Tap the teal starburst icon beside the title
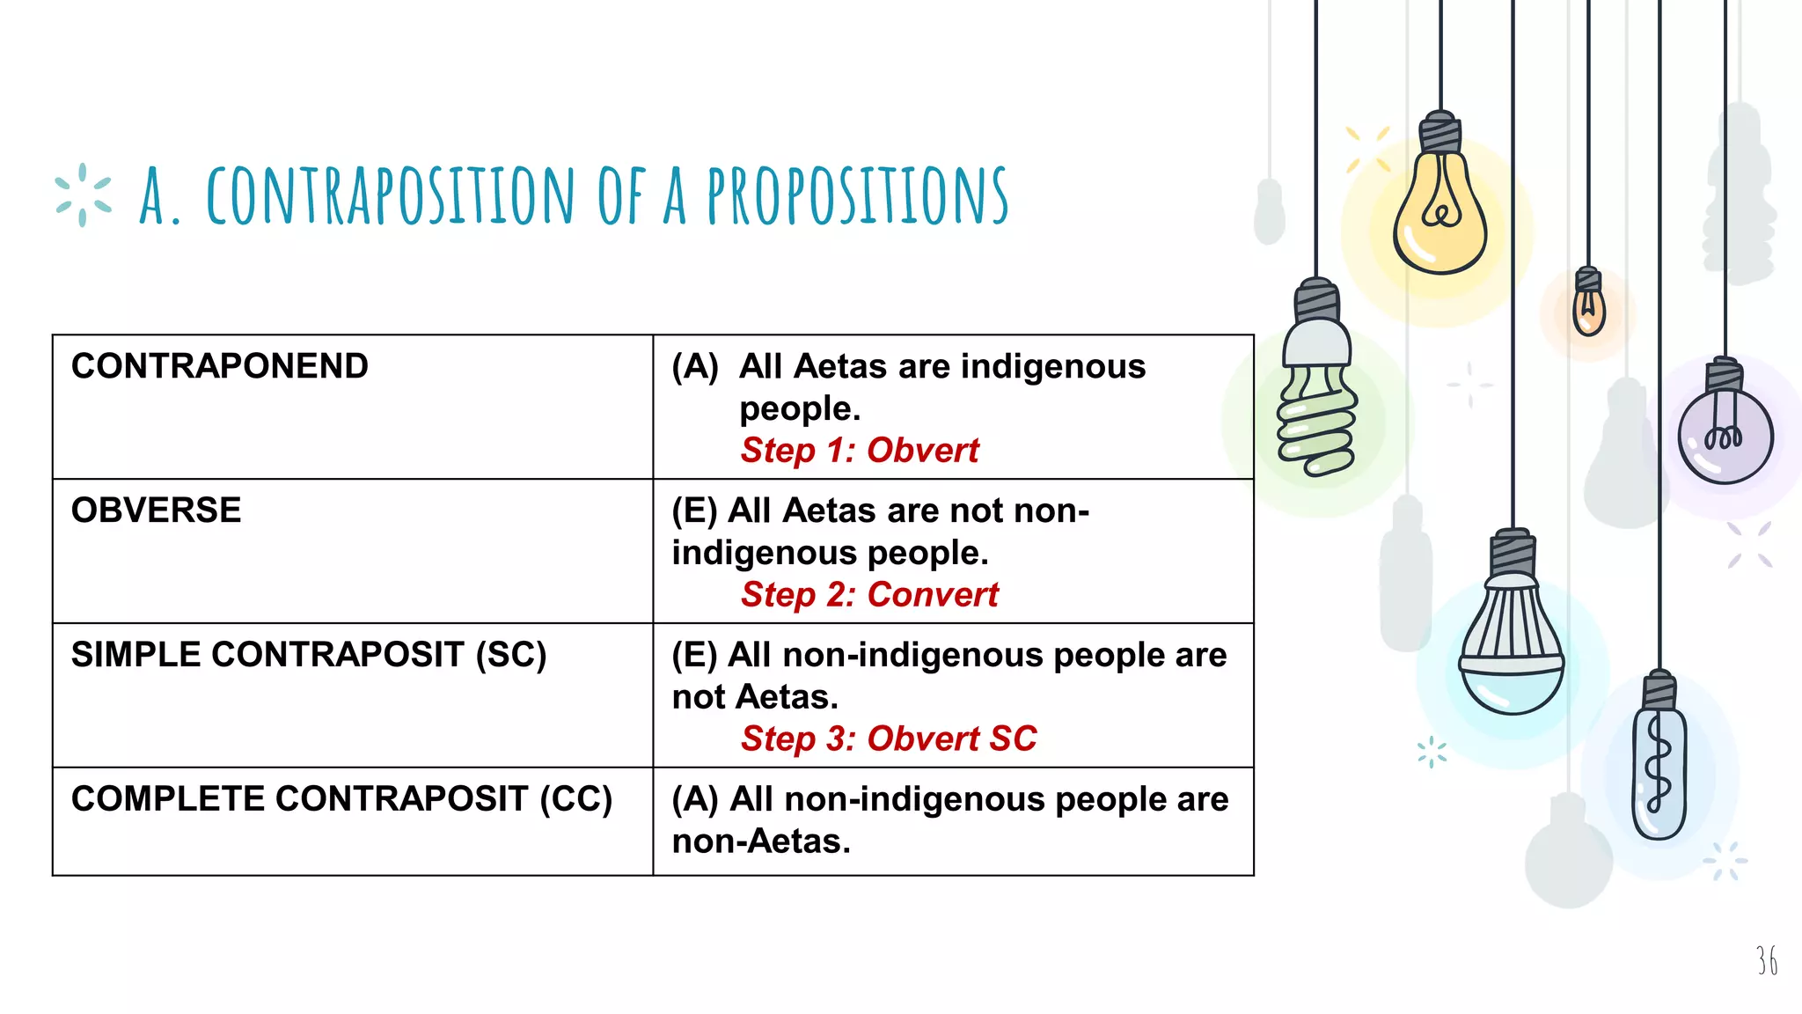pyautogui.click(x=83, y=195)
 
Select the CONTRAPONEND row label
pyautogui.click(x=219, y=366)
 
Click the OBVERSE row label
pyautogui.click(x=156, y=511)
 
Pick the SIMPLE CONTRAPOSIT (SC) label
pyautogui.click(x=309, y=655)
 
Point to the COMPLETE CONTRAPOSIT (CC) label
pyautogui.click(x=341, y=799)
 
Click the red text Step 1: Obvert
pyautogui.click(x=859, y=451)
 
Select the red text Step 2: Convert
pyautogui.click(x=869, y=595)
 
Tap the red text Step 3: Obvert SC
pyautogui.click(x=889, y=738)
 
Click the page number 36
pyautogui.click(x=1766, y=960)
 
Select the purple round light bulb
pyautogui.click(x=1725, y=436)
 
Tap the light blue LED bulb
pyautogui.click(x=1512, y=651)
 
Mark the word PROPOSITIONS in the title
pyautogui.click(x=858, y=195)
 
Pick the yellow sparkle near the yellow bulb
pyautogui.click(x=1367, y=149)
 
